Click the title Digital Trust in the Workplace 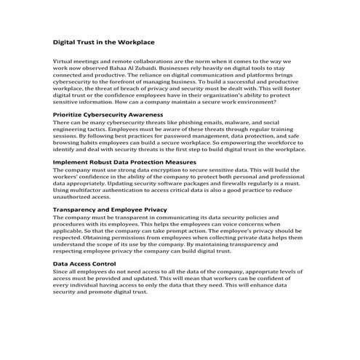pyautogui.click(x=104, y=42)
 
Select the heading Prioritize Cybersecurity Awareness pyautogui.click(x=108, y=116)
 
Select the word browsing pyautogui.click(x=69, y=143)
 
